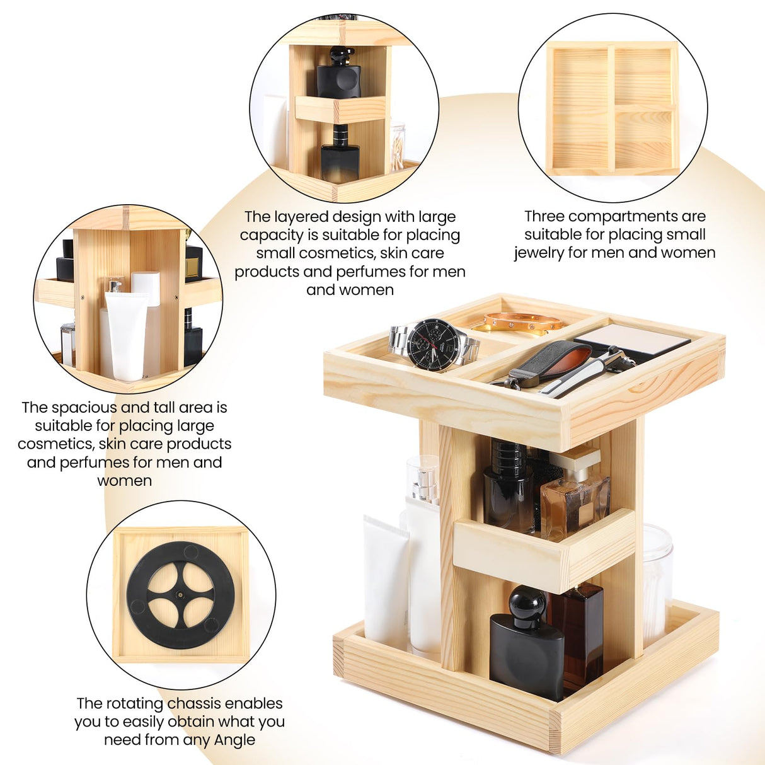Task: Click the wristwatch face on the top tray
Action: coord(434,345)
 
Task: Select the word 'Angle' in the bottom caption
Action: coord(234,740)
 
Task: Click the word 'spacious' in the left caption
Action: coord(81,408)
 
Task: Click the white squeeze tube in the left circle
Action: coord(126,334)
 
